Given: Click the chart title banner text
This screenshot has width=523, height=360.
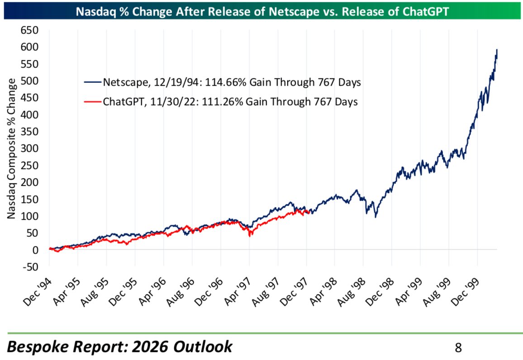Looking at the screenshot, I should (262, 11).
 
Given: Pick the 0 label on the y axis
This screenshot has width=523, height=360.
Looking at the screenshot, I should (36, 250).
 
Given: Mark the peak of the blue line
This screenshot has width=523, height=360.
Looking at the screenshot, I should (496, 50).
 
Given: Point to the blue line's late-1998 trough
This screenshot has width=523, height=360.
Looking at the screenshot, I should (376, 217).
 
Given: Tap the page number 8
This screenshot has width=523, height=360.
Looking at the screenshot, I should (458, 348).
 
